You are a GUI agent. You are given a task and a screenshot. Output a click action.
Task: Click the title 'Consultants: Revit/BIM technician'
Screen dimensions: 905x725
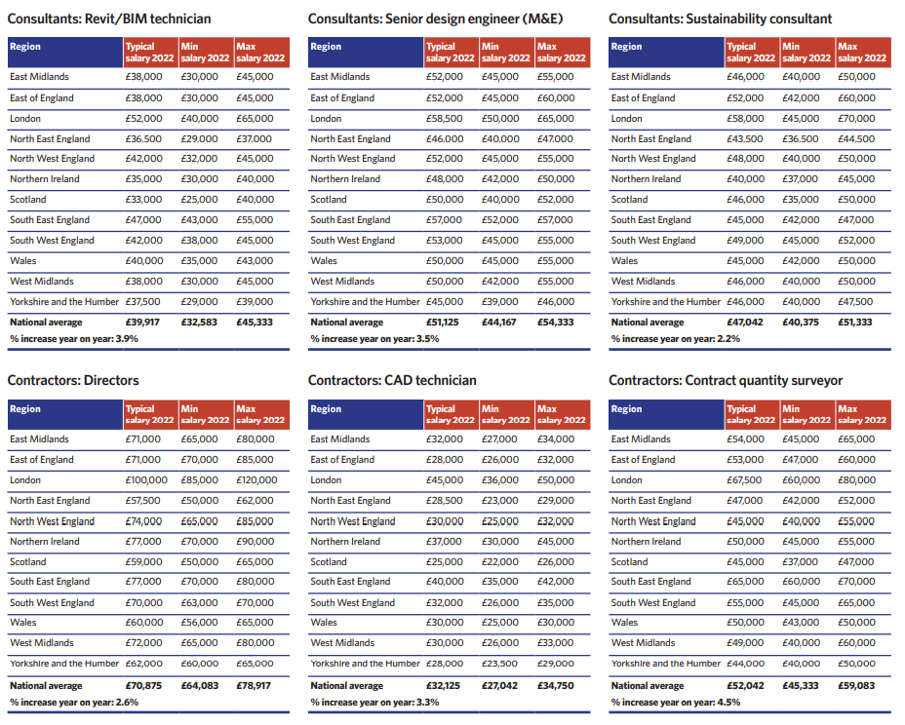(109, 19)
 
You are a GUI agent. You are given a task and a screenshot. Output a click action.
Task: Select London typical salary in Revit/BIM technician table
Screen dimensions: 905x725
(143, 119)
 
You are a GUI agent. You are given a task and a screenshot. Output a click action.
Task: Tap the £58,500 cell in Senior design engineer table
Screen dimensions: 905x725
(445, 119)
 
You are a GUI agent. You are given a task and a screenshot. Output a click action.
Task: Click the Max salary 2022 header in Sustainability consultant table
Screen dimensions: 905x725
(862, 53)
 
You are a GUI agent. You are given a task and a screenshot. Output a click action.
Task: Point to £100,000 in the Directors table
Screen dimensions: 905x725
(146, 479)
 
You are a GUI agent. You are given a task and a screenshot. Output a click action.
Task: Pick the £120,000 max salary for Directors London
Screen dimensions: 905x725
(256, 479)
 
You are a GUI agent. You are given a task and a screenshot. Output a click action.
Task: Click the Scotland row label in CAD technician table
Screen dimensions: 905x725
(329, 561)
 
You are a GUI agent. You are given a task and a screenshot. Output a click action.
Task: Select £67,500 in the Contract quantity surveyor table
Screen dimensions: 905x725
(744, 479)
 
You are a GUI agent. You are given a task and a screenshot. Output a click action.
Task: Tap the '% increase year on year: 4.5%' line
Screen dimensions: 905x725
(676, 703)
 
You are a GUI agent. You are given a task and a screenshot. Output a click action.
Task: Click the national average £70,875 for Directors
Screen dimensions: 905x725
(143, 686)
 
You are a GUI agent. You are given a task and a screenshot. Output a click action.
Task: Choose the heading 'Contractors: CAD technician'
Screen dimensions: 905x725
(392, 381)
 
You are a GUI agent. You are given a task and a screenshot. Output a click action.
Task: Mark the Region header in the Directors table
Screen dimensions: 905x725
(25, 409)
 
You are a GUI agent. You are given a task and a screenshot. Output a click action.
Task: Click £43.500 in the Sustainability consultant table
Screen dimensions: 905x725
(744, 139)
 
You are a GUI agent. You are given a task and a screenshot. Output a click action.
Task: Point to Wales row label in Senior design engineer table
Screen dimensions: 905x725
(324, 261)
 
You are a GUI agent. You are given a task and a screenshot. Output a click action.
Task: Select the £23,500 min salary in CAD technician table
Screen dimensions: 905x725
(500, 664)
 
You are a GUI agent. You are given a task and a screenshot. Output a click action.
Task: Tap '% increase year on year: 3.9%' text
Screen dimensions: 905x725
(74, 339)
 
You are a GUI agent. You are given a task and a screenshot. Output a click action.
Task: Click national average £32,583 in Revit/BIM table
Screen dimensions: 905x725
(199, 323)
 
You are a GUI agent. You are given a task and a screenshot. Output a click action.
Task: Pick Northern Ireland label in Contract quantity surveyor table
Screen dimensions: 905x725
(646, 542)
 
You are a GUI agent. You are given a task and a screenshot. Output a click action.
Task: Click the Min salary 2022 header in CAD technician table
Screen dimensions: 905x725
(505, 415)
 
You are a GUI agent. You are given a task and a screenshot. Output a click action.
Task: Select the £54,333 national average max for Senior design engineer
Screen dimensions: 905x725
(555, 323)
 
